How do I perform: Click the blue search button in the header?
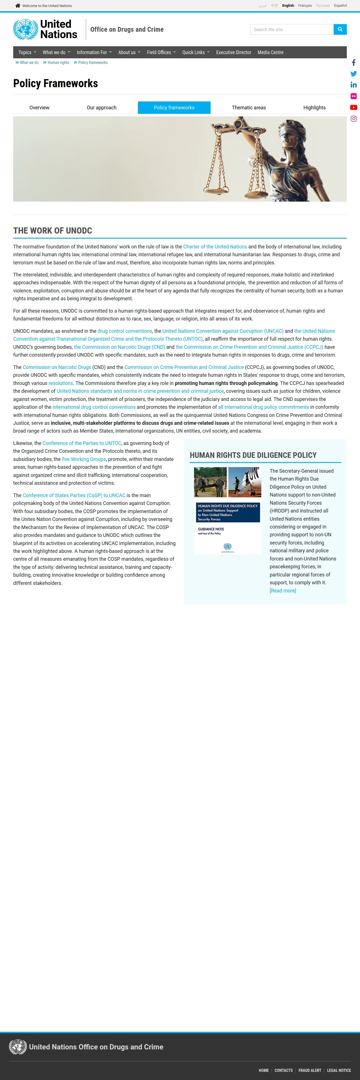coord(340,29)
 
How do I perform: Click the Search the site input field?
coord(292,29)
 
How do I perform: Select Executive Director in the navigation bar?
coord(234,52)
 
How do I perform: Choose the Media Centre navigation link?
coord(270,52)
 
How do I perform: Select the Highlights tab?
coord(314,108)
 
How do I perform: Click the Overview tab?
coord(40,108)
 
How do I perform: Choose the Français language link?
coord(305,5)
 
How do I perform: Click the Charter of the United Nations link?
coord(215,246)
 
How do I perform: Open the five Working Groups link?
coord(84,459)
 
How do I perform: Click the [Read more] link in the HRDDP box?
coord(282,591)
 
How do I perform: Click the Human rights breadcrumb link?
coord(58,63)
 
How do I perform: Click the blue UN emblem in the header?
coord(25,29)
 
